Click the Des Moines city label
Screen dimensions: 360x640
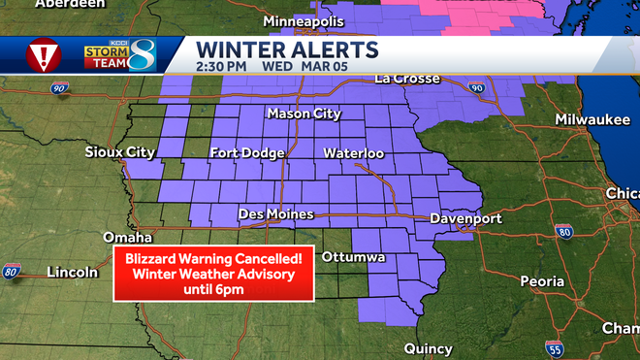276,213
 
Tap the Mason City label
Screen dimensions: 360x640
304,115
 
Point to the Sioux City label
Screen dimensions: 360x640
119,152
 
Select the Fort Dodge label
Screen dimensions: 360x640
248,153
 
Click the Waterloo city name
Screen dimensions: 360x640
354,153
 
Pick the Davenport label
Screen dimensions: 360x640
466,218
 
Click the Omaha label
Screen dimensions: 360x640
128,238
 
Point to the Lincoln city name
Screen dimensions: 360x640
72,273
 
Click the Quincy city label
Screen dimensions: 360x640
429,348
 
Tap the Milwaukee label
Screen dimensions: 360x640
592,119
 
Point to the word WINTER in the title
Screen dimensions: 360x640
238,48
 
